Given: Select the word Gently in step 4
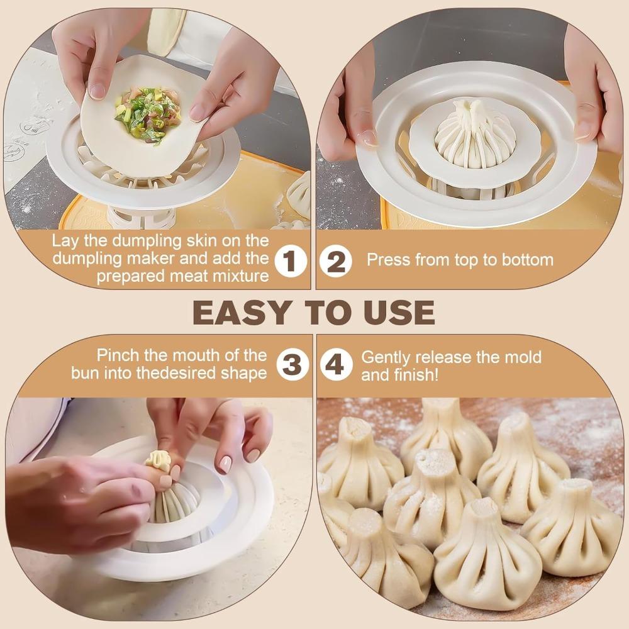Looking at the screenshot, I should click(384, 357).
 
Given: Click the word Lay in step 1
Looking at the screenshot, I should click(64, 241).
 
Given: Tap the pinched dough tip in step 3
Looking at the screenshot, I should click(159, 462).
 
